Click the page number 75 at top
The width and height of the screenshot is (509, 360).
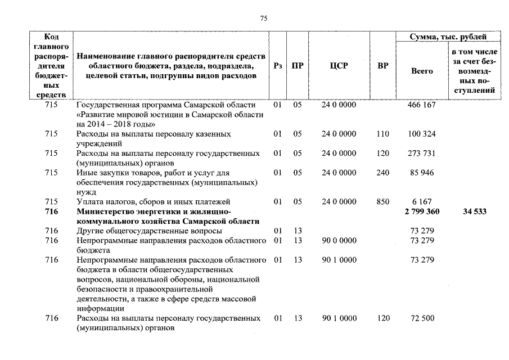tap(264, 19)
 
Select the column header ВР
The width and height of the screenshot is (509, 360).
tap(383, 66)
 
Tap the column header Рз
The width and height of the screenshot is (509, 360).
tap(277, 66)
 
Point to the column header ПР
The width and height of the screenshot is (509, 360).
tap(298, 66)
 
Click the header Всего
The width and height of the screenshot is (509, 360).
tap(422, 71)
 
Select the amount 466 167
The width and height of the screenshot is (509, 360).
tap(422, 105)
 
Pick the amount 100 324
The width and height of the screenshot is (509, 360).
tap(422, 134)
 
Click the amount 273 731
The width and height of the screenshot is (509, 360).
tap(422, 154)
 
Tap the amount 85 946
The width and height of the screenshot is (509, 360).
tap(422, 173)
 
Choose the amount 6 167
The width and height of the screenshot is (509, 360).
tap(422, 201)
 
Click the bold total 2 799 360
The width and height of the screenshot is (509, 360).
tap(422, 211)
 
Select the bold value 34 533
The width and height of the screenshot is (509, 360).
tap(474, 211)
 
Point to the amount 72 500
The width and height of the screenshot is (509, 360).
tap(422, 318)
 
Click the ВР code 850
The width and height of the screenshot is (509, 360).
tap(383, 201)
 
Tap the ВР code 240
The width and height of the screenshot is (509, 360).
tap(383, 173)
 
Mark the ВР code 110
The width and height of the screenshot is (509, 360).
tap(383, 134)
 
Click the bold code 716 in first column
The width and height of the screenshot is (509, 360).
tap(52, 211)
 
